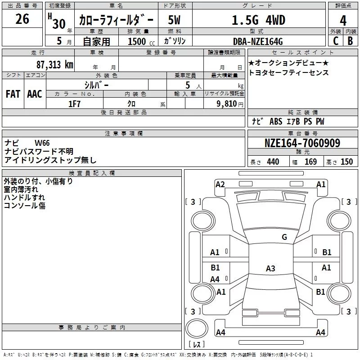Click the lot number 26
(22, 19)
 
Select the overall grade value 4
(343, 20)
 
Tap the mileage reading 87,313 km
(55, 64)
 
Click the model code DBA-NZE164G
(258, 41)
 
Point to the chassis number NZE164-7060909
(302, 143)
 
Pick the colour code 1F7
(74, 104)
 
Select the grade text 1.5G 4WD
(258, 20)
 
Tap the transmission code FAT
(13, 94)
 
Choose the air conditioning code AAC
(35, 94)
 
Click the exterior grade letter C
(336, 41)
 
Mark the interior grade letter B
(351, 41)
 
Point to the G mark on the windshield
(284, 237)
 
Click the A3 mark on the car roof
(270, 268)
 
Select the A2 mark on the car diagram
(220, 184)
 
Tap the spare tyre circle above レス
(197, 328)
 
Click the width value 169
(310, 162)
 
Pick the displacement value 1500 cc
(141, 41)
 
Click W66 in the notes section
(42, 143)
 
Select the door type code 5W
(174, 20)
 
